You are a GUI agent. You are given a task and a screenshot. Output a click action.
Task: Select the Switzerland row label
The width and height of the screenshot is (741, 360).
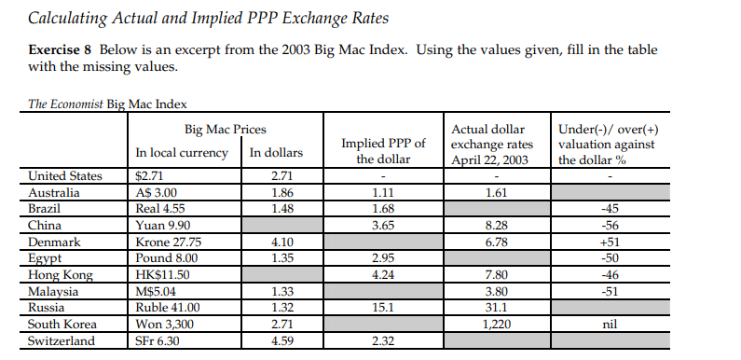(61, 341)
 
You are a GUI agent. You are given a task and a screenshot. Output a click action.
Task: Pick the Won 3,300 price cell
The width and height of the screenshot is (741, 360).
(162, 325)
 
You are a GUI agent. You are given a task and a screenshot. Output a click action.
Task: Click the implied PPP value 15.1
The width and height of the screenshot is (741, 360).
(384, 308)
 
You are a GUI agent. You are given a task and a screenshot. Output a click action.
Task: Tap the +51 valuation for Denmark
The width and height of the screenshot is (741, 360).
(611, 242)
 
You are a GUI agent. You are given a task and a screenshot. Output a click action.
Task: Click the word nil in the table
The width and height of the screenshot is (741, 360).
(611, 325)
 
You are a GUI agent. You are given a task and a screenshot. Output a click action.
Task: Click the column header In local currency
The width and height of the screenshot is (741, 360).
(182, 153)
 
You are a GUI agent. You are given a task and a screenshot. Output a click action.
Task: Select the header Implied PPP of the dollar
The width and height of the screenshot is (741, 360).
(384, 151)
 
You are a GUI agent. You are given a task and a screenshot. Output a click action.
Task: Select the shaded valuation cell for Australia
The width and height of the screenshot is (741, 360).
(611, 192)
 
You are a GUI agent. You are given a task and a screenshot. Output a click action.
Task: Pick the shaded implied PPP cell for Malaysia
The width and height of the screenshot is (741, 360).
(384, 292)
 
